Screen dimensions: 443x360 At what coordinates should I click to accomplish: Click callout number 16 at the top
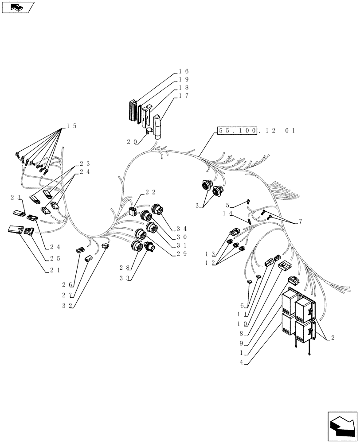[184, 71]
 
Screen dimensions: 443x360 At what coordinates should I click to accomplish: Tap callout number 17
[184, 96]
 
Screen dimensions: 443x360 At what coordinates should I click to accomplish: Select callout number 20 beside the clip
[131, 142]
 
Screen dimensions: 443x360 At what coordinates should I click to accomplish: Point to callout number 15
[71, 126]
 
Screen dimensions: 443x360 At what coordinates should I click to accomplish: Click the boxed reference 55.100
[237, 131]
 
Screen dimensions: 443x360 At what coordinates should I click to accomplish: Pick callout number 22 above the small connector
[150, 192]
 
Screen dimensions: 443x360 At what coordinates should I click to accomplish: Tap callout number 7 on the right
[301, 221]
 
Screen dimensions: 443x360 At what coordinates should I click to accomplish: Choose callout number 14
[228, 213]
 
